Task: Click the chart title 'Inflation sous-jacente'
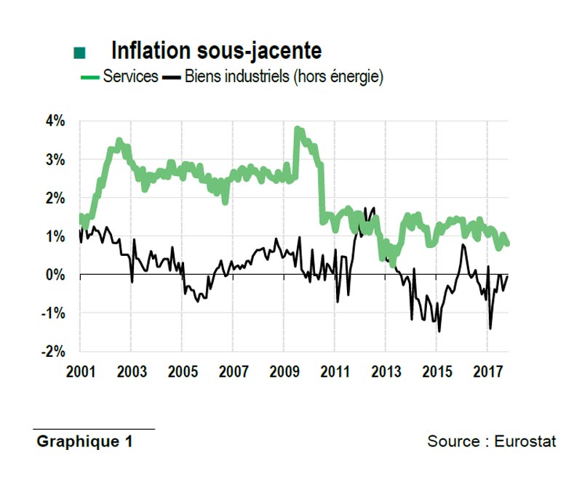pos(216,51)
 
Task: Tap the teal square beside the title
pos(80,52)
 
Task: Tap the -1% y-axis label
pos(52,313)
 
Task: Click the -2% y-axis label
pos(52,352)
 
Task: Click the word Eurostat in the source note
pos(525,441)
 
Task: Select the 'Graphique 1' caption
pos(84,441)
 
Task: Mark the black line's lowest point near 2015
pos(439,331)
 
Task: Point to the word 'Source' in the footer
pos(453,441)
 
